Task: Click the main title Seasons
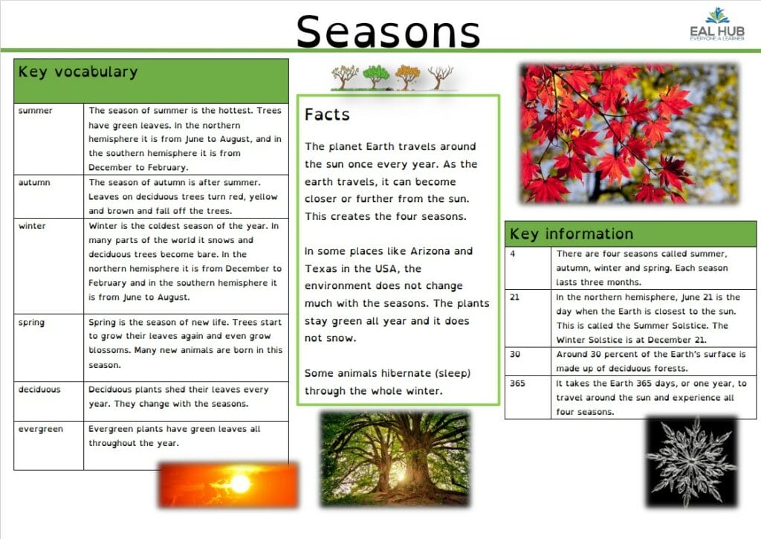pos(388,32)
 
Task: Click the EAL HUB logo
pos(716,26)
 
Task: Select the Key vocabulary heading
pos(78,72)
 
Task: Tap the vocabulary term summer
pos(36,111)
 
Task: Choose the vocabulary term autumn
pos(34,182)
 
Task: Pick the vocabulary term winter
pos(32,226)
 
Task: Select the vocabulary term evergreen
pos(41,429)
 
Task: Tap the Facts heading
pos(327,114)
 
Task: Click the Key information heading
pos(571,234)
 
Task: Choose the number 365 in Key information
pos(518,384)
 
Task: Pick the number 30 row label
pos(515,355)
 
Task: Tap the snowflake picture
pos(690,460)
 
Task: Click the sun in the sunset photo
pos(240,484)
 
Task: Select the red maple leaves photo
pos(629,133)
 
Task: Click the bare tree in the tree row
pos(440,77)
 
